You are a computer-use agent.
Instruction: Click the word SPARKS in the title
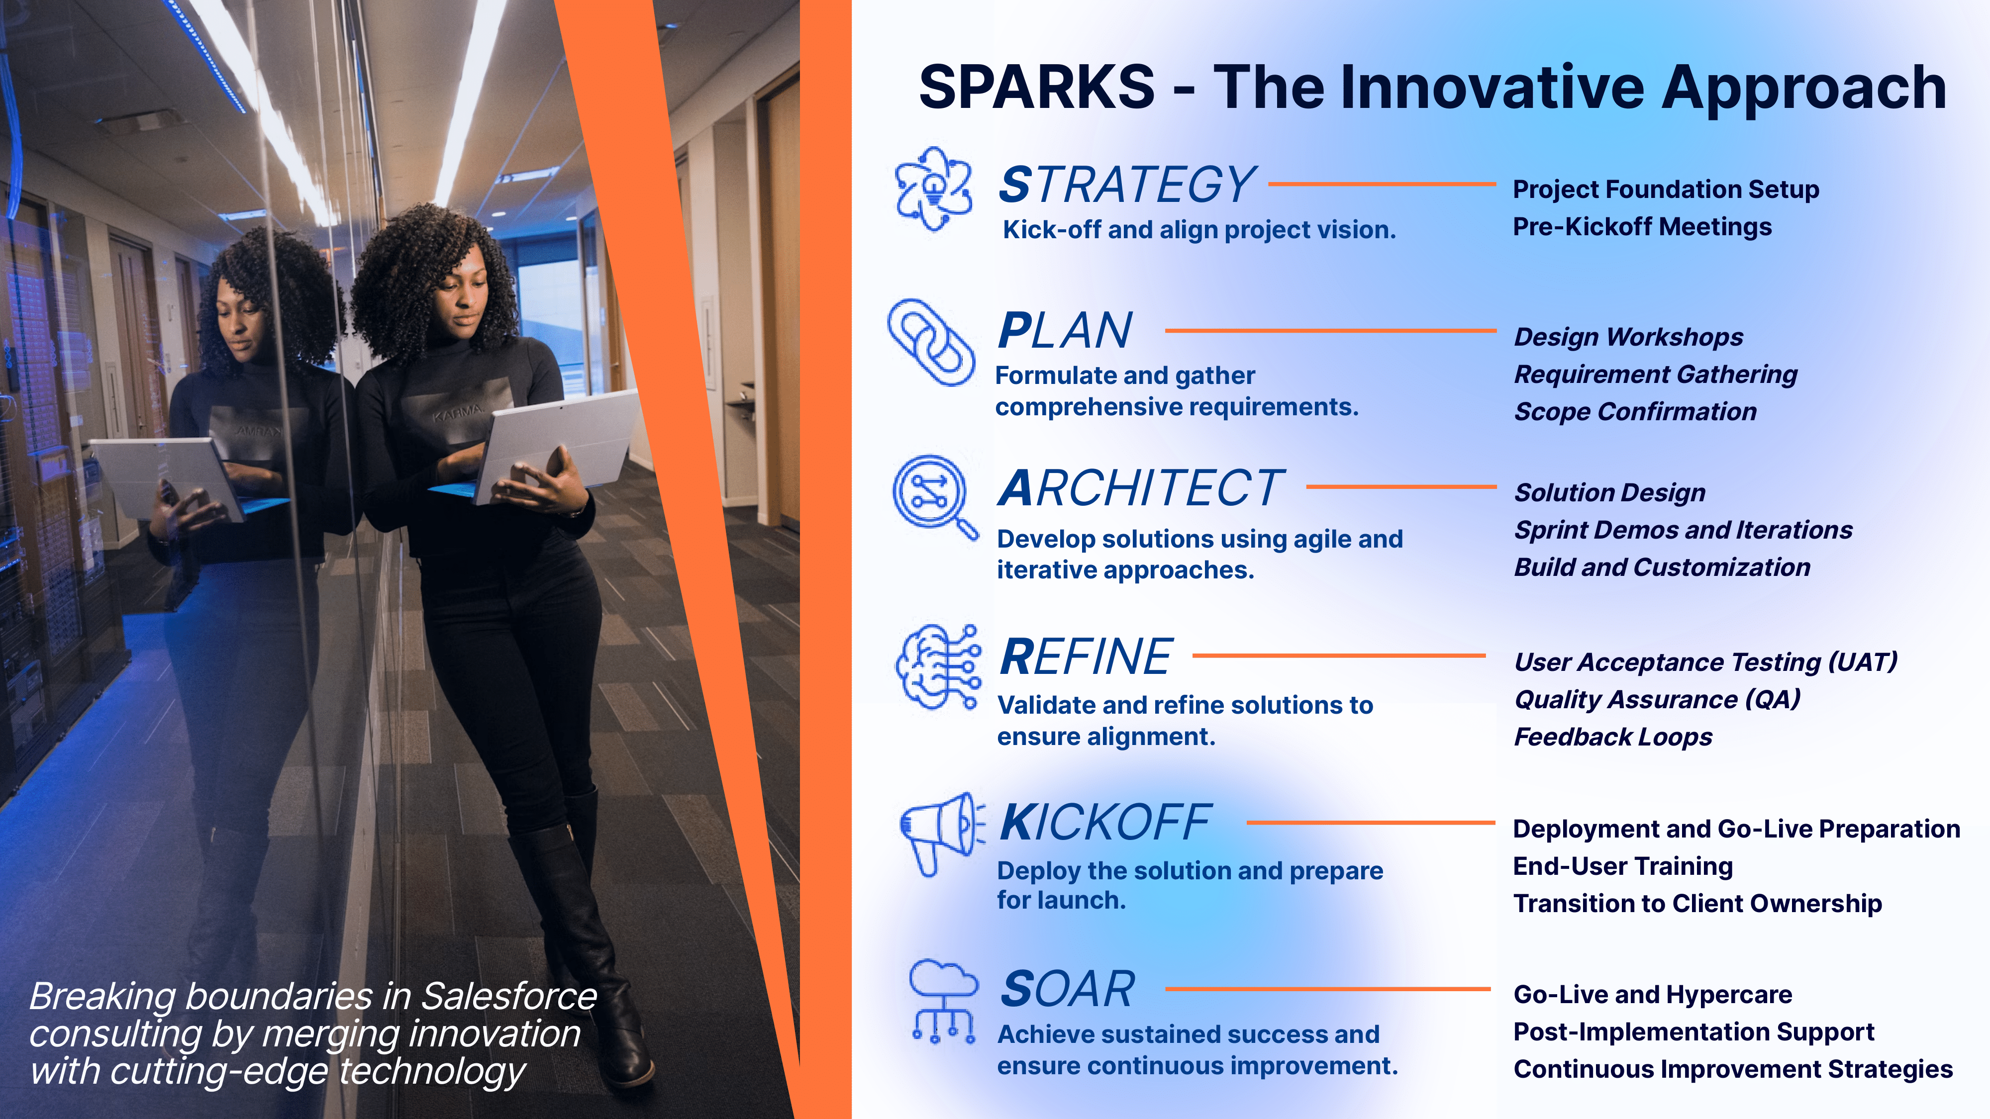[x=1037, y=87]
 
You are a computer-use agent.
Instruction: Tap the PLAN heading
[x=1065, y=331]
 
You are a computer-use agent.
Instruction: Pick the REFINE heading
[x=1086, y=657]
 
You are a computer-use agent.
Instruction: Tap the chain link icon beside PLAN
[x=931, y=342]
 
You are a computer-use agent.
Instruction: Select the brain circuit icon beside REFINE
[x=938, y=667]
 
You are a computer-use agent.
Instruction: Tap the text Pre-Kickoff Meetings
[x=1642, y=227]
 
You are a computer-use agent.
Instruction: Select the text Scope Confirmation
[x=1635, y=412]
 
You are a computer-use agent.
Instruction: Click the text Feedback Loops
[x=1613, y=737]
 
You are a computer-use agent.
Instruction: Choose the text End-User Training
[x=1623, y=866]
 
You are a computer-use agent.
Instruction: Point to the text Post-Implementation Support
[x=1694, y=1032]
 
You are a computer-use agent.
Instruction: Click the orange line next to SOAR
[x=1328, y=989]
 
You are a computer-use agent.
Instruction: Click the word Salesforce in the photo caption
[x=509, y=996]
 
